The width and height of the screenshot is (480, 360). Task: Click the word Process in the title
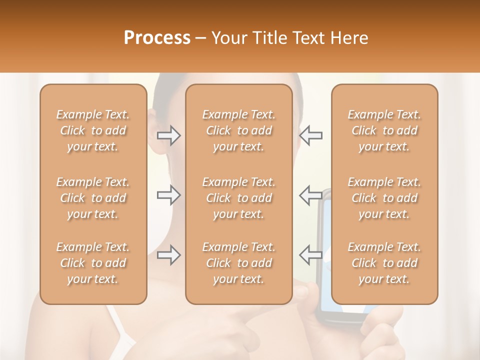(157, 38)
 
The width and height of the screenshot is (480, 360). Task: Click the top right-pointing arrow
(168, 135)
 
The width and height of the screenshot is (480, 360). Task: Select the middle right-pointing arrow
(168, 195)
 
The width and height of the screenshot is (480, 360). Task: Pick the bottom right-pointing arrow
(168, 255)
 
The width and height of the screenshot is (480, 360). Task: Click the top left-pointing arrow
(310, 135)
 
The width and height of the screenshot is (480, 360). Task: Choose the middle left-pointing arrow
(310, 195)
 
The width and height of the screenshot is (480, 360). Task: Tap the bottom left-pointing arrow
(310, 255)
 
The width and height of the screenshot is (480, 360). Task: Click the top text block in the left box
(93, 130)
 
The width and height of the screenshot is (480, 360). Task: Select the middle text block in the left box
(93, 198)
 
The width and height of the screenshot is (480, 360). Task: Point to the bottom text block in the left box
(93, 263)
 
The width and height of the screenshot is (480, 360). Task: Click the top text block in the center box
(239, 130)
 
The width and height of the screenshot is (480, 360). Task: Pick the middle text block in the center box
(239, 198)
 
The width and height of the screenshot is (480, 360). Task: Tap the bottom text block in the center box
(239, 263)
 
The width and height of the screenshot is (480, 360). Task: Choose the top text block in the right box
(384, 130)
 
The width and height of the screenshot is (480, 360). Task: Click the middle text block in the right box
(384, 198)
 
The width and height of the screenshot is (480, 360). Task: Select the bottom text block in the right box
(384, 263)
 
